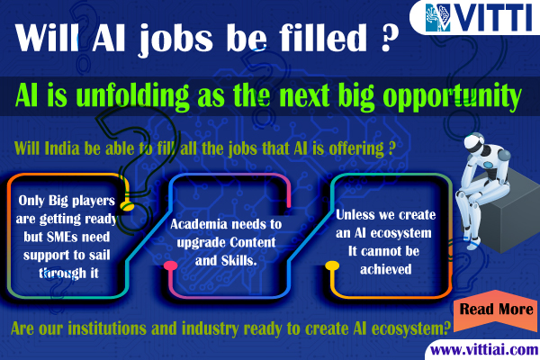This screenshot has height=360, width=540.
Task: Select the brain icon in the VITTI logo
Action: click(x=437, y=18)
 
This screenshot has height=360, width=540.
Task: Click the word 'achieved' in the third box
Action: click(x=386, y=269)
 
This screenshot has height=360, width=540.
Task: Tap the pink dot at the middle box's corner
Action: click(x=170, y=265)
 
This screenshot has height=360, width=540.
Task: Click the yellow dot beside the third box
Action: click(x=332, y=265)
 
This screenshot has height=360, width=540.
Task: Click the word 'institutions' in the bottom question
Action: click(x=107, y=328)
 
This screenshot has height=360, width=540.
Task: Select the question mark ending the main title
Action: click(x=390, y=38)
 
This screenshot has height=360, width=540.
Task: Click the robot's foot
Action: click(x=474, y=244)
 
